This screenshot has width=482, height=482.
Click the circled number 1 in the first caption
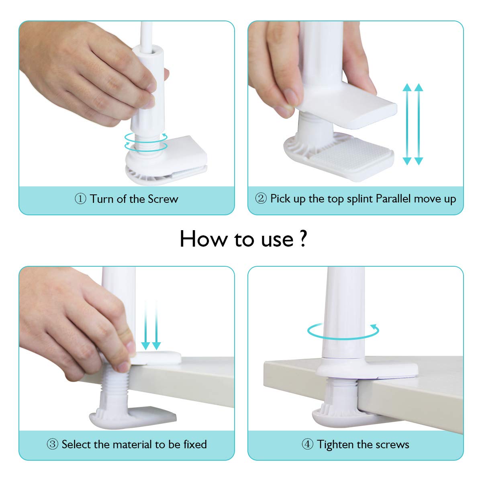point(80,199)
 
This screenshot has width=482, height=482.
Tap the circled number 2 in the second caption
point(261,199)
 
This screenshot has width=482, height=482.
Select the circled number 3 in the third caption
point(53,444)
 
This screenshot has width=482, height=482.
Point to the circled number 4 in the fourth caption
point(307,444)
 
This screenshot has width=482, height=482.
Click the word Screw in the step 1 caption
point(163,199)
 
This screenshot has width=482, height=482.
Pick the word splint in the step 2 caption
point(360,199)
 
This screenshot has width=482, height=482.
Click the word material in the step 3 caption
point(133,444)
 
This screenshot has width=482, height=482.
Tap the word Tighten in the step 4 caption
point(335,444)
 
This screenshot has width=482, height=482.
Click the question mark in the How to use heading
point(303,239)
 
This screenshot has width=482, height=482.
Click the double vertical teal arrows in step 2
point(413,125)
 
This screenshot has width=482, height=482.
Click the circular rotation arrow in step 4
point(343,331)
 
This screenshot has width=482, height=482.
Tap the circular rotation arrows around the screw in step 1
point(146,142)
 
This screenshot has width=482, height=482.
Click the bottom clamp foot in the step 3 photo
point(133,417)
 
